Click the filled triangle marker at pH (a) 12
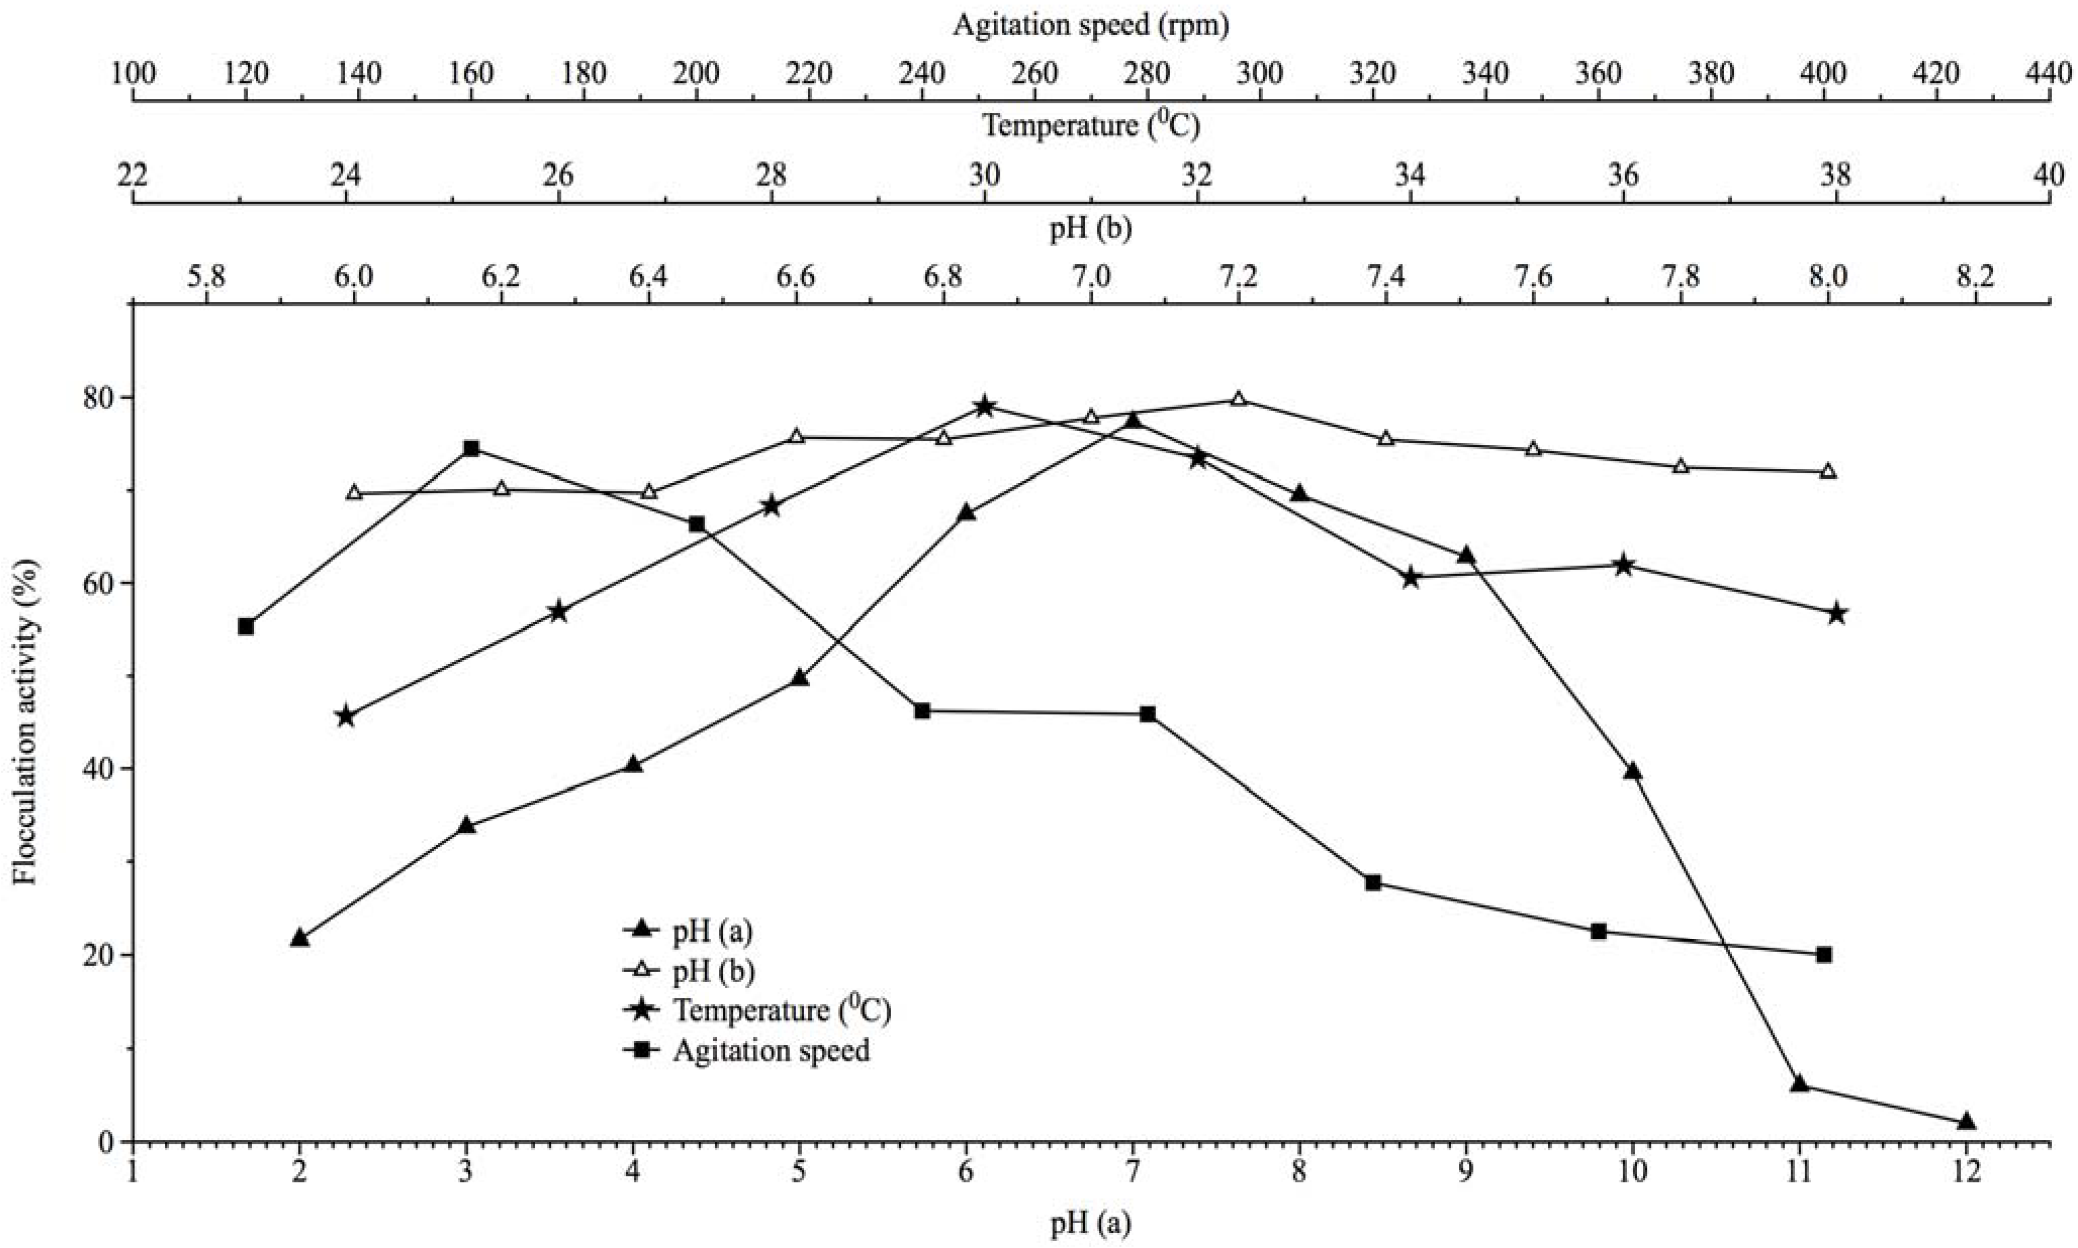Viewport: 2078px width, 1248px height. tap(1965, 1122)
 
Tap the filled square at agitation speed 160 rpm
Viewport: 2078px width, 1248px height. tap(472, 448)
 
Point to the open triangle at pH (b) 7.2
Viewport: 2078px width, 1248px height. tap(1238, 399)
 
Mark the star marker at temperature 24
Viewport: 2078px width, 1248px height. tap(345, 717)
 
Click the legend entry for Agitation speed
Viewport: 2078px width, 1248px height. tap(770, 1050)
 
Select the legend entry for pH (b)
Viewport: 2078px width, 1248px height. tap(713, 972)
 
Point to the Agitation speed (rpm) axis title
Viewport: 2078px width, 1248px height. tap(1091, 25)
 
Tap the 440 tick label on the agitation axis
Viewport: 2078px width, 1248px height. tap(2049, 74)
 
